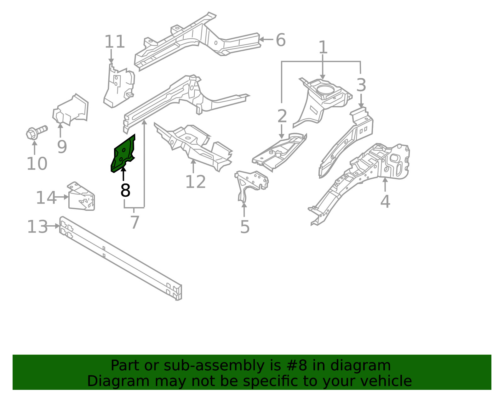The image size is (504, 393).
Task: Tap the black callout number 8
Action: pos(125,190)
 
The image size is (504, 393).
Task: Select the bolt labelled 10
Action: pos(36,132)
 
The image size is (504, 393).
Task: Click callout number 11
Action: pos(115,42)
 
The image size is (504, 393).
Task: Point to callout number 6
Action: pos(281,40)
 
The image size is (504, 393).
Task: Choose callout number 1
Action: pos(323,48)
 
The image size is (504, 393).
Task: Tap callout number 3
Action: pos(361,85)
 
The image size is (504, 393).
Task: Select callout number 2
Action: pos(282,116)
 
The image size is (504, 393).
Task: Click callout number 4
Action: pos(385,201)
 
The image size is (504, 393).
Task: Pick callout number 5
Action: pos(245,227)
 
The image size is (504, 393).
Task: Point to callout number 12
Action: pos(195,182)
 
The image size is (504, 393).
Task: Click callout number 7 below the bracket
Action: pos(135,222)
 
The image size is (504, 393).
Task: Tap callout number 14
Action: pos(46,198)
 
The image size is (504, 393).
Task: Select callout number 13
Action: pos(37,227)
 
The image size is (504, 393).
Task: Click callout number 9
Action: pos(62,147)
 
